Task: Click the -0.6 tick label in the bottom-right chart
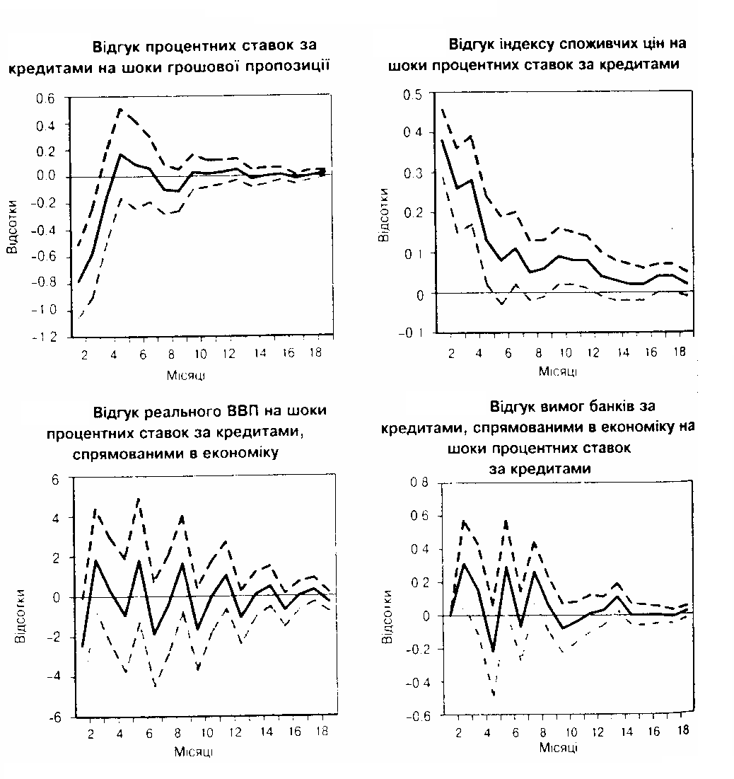point(416,716)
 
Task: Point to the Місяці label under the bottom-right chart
point(557,747)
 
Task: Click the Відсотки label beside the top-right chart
point(383,214)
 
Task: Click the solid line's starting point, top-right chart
point(443,140)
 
